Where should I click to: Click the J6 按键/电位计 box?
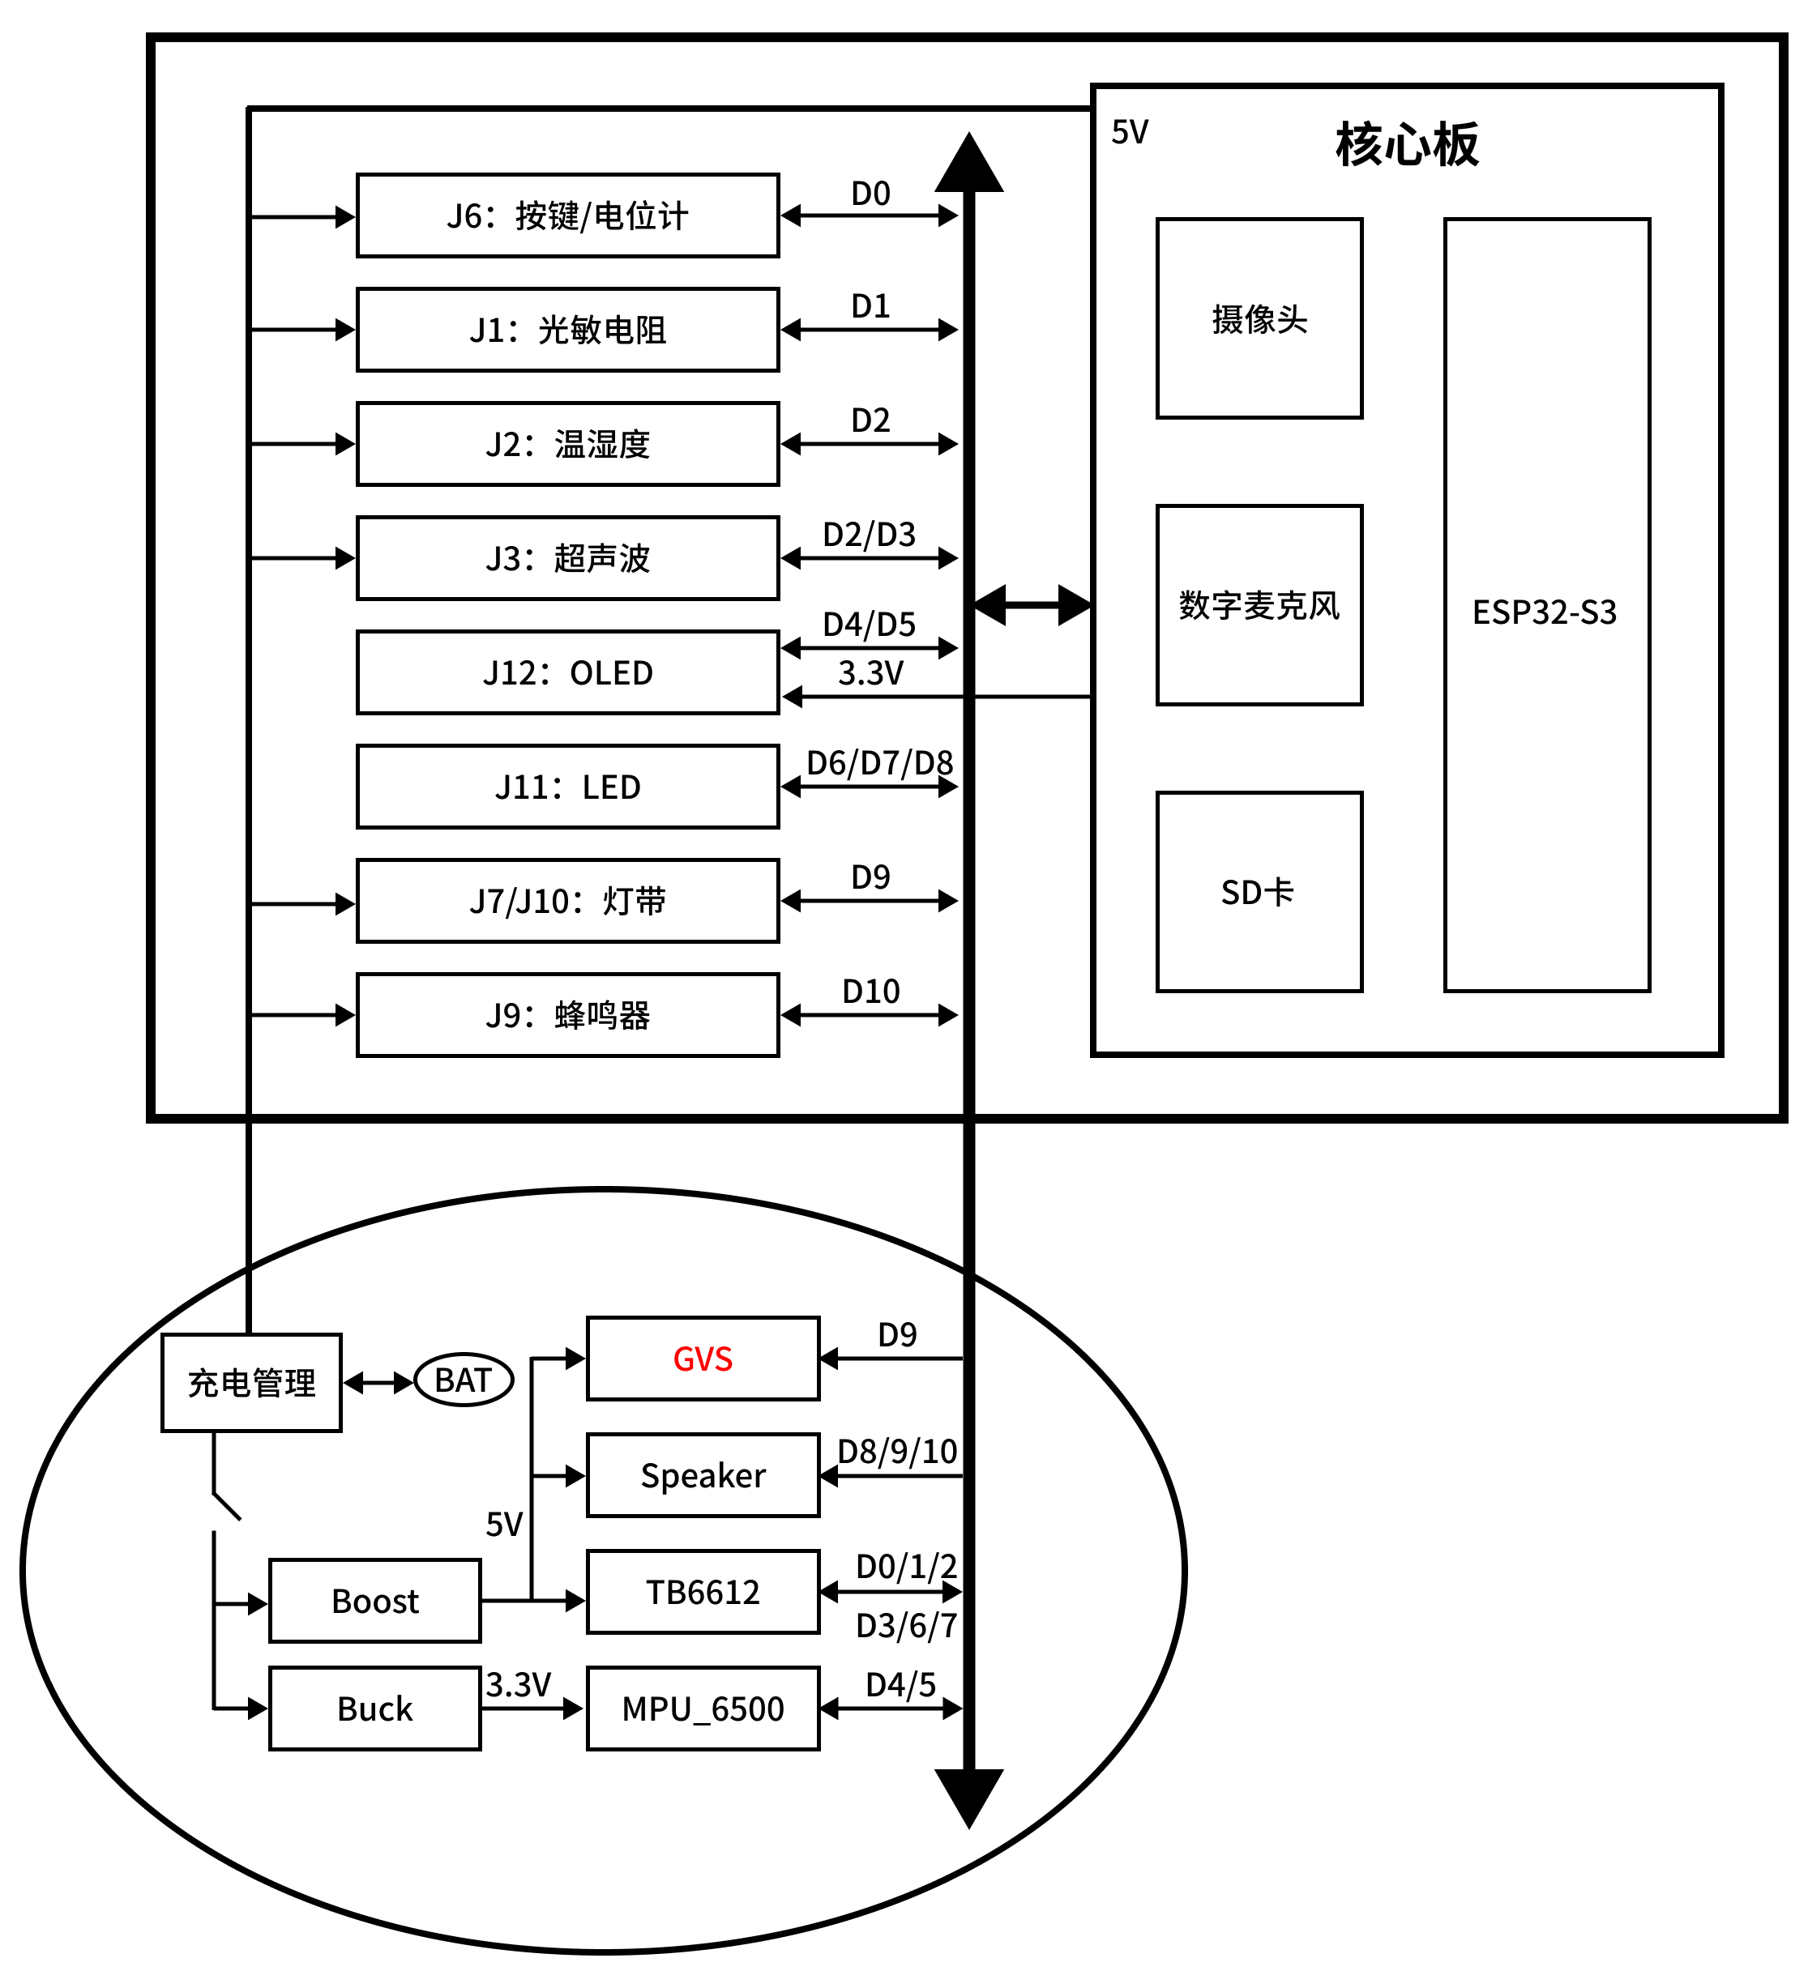click(567, 216)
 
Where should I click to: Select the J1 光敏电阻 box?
click(567, 330)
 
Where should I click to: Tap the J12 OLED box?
click(567, 672)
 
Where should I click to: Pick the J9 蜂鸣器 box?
click(567, 1015)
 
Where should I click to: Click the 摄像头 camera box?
click(1259, 318)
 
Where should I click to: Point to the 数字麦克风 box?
click(1259, 605)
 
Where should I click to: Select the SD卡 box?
click(1259, 891)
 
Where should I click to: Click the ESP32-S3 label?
click(1545, 612)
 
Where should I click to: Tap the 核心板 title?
click(1407, 144)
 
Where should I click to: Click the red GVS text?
click(703, 1359)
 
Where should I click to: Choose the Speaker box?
click(703, 1475)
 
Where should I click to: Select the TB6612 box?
click(703, 1592)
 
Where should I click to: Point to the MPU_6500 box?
click(703, 1708)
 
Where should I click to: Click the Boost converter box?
click(375, 1601)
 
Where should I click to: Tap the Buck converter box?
click(375, 1708)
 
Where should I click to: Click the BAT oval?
click(464, 1380)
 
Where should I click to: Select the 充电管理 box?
click(251, 1383)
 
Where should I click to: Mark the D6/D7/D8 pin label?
click(880, 762)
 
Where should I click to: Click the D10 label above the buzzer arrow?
click(871, 991)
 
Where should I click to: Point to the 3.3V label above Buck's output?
click(519, 1684)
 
